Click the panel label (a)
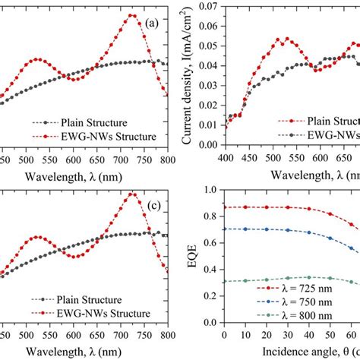[x=153, y=23]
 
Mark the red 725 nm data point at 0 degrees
[x=224, y=207]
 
